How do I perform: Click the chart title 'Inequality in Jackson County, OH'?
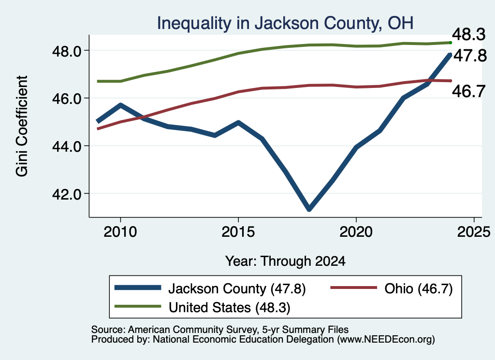(285, 23)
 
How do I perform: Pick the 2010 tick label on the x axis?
(120, 232)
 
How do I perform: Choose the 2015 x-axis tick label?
(238, 232)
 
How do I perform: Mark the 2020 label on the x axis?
(356, 232)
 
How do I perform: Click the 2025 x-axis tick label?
(474, 232)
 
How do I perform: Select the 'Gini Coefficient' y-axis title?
(22, 126)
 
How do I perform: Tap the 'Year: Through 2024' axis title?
(285, 261)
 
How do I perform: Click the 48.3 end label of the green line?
(469, 34)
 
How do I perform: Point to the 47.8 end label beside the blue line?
(470, 56)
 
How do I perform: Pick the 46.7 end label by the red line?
(469, 91)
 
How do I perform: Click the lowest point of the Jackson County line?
(309, 209)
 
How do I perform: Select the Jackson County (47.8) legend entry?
(210, 288)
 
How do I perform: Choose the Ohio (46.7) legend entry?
(392, 288)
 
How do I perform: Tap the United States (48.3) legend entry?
(203, 308)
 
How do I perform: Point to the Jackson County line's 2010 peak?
(120, 105)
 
